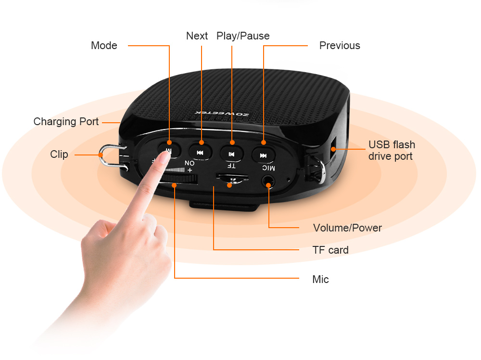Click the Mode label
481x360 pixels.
pos(104,45)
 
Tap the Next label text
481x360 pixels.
pos(197,36)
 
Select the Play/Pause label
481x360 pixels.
pos(243,36)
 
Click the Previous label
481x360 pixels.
pos(340,45)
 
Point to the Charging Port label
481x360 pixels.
pos(66,122)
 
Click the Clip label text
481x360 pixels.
pos(59,154)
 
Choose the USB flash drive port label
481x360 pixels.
pos(392,150)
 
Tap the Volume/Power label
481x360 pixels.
pos(347,228)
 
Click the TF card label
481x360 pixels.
pos(330,250)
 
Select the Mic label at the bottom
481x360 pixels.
pos(320,279)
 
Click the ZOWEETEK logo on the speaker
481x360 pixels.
pos(222,114)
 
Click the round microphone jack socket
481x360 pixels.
pos(268,181)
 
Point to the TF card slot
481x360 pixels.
pos(232,177)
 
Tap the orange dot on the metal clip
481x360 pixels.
pos(101,155)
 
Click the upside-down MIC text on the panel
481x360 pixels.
pos(269,167)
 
